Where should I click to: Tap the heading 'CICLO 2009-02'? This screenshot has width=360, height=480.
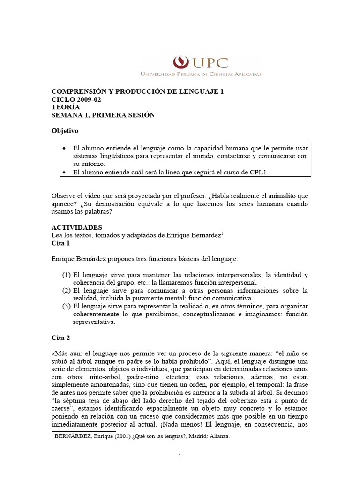click(x=76, y=99)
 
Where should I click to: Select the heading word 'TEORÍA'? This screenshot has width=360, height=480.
click(x=64, y=107)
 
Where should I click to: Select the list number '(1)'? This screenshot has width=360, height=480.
click(x=67, y=275)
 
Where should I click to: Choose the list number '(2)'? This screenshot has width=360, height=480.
click(x=67, y=291)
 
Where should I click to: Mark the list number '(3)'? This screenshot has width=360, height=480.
click(x=67, y=307)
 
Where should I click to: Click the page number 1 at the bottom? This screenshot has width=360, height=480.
click(x=180, y=457)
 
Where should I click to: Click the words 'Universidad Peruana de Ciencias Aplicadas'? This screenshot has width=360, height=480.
click(x=201, y=74)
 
